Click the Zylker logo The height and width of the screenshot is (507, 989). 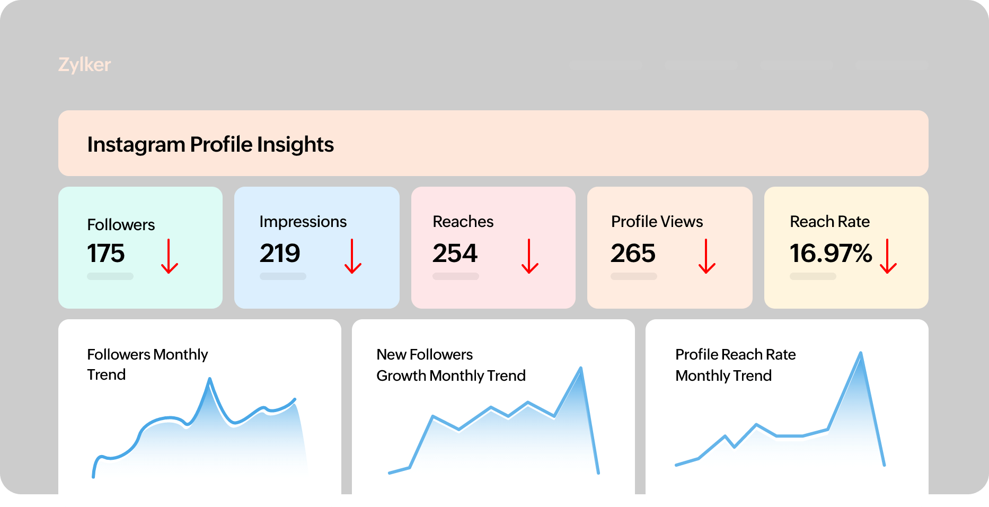tap(85, 65)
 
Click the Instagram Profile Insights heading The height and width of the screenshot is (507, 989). tap(210, 144)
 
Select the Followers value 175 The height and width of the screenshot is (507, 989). tap(106, 253)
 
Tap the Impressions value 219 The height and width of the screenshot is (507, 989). tap(280, 253)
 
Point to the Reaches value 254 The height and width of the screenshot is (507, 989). tap(455, 253)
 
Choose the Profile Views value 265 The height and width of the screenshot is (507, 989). tap(633, 253)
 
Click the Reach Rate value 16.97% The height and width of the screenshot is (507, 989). tap(831, 253)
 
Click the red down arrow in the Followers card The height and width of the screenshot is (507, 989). tap(170, 256)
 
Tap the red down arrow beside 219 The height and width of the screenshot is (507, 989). tap(353, 256)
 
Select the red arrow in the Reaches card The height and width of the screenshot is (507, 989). tap(530, 256)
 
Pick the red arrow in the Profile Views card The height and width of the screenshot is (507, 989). tap(707, 256)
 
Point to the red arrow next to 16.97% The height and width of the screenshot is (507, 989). tap(888, 256)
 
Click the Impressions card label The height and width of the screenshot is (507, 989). tap(303, 222)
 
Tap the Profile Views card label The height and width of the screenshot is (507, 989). tap(657, 222)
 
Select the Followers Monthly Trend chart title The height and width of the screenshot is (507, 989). tap(147, 364)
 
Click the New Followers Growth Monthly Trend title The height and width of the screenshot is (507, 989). tap(451, 365)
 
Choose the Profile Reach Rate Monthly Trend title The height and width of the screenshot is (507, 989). tap(735, 365)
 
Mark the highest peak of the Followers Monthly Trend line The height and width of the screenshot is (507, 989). tap(210, 379)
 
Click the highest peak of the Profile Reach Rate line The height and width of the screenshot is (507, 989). tap(860, 353)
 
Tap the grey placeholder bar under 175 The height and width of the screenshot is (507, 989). tap(110, 276)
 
